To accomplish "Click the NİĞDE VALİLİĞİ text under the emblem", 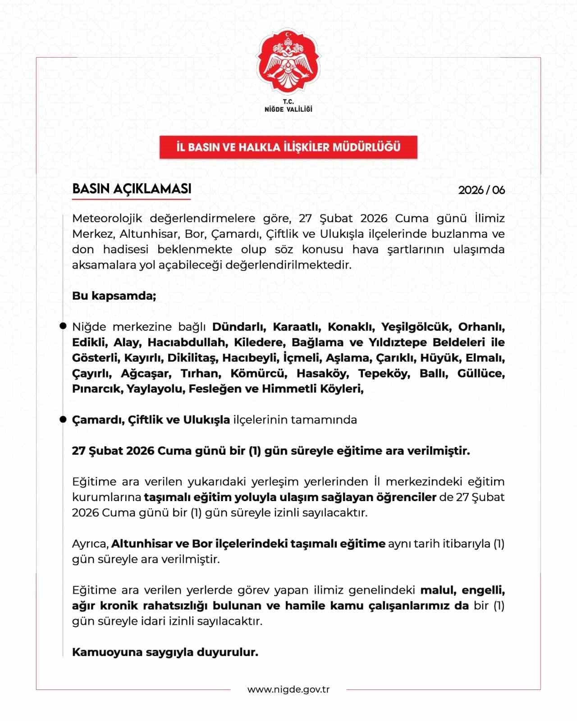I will pos(288,109).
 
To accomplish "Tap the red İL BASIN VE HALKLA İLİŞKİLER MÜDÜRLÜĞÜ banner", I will pos(288,147).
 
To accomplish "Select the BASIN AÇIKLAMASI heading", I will pos(132,189).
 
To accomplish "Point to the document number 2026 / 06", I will pos(481,190).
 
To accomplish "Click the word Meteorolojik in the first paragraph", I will pos(107,219).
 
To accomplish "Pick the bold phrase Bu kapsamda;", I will pos(114,296).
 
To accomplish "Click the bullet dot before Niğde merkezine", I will pos(64,326).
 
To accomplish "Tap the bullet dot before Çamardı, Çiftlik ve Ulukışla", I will pos(64,420).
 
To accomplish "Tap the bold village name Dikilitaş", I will pos(192,358).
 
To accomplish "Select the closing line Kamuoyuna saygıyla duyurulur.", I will pos(165,652).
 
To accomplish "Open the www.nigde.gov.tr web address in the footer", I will pos(288,689).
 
